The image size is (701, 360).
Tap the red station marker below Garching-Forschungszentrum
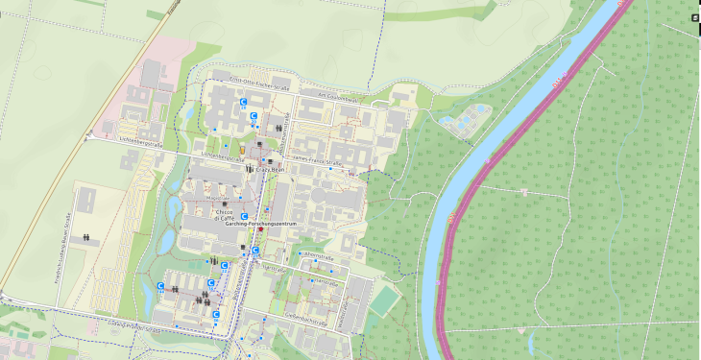coord(259,230)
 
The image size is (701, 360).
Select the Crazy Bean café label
coord(270,170)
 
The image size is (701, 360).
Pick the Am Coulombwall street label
coord(338,97)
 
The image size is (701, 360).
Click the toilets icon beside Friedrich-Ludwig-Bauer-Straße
coord(87,236)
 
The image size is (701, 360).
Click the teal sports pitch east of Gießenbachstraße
coord(384,300)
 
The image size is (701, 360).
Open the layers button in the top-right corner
coord(694,16)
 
